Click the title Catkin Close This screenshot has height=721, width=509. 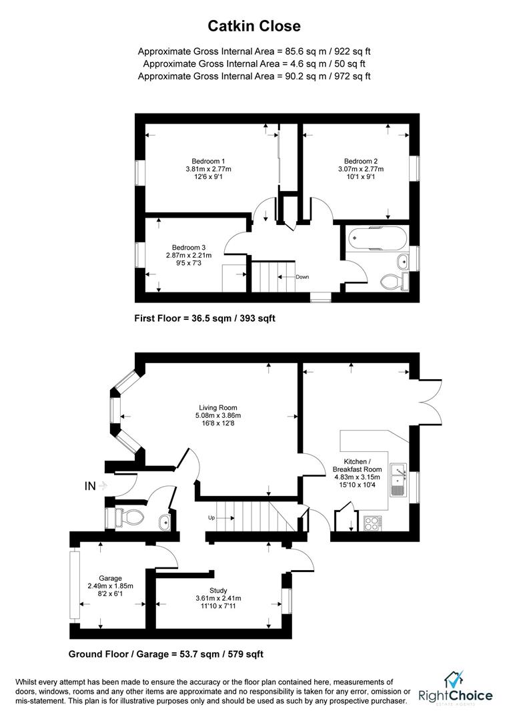254,26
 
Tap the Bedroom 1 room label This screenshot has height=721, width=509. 208,161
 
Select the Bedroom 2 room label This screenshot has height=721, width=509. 361,161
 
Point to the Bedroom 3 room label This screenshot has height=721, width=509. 189,247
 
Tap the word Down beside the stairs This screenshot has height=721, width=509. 302,276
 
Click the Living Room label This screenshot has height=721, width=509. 217,408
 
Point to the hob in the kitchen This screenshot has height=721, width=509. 372,523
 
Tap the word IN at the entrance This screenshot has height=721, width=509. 90,486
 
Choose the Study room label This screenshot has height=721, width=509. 218,590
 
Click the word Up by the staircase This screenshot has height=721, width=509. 211,518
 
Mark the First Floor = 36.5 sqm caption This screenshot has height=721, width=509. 205,319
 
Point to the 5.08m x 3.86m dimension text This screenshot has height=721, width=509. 217,417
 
